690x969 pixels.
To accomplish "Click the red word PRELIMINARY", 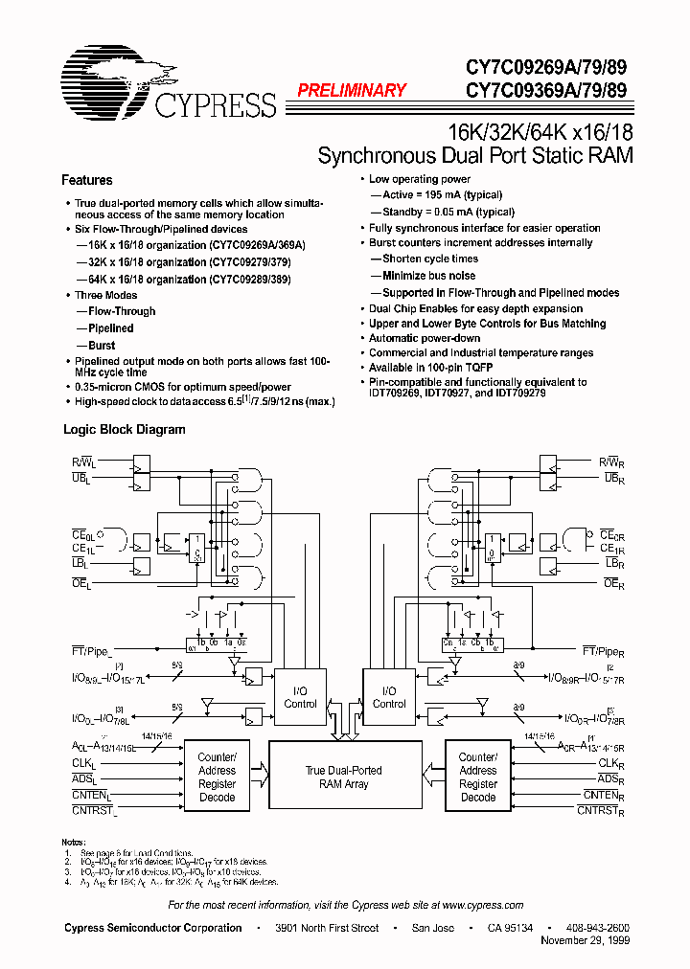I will [x=352, y=91].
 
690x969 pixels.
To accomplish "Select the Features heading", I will [x=87, y=180].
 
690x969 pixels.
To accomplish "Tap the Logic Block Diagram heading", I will [x=125, y=430].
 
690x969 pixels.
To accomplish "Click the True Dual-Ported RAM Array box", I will [x=343, y=777].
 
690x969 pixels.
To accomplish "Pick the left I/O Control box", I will [x=300, y=697].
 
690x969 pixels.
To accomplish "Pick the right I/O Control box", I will [x=389, y=697].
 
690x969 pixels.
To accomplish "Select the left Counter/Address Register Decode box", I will [x=218, y=777].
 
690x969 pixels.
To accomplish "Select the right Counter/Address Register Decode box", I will [x=477, y=777].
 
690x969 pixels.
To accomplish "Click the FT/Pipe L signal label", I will [x=93, y=650].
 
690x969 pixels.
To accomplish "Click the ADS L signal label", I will [x=85, y=778].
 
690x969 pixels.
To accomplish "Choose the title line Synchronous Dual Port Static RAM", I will [x=474, y=155].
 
